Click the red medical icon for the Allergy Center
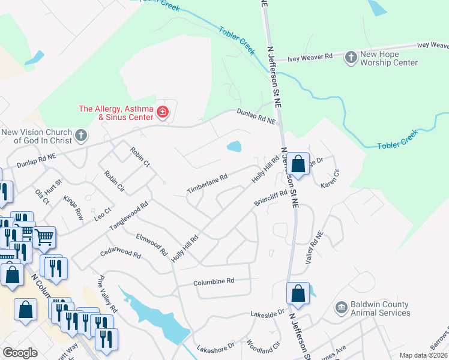(162, 112)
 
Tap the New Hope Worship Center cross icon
(351, 58)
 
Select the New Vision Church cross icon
(81, 136)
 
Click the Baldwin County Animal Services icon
(342, 308)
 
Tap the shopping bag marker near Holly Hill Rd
(298, 163)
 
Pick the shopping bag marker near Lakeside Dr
(298, 293)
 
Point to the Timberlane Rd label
(206, 179)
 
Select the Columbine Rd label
(213, 281)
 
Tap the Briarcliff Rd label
(271, 198)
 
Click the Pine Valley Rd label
(105, 294)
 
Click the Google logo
(20, 353)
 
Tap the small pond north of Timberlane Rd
(234, 146)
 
